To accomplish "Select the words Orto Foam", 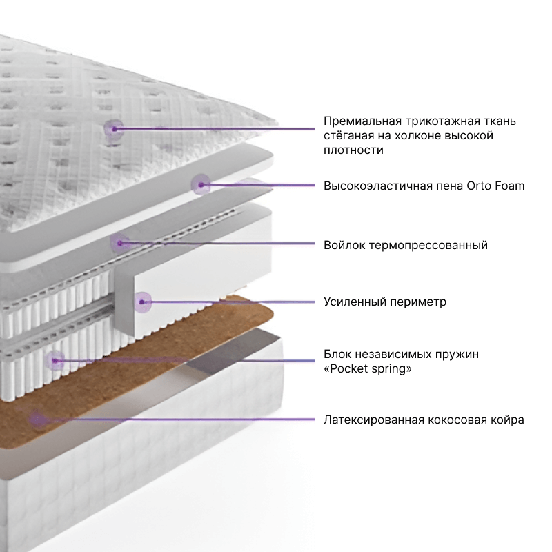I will tap(496, 186).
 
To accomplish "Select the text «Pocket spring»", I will tap(368, 368).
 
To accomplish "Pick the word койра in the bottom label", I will tap(509, 420).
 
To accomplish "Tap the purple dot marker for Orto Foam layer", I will tap(201, 184).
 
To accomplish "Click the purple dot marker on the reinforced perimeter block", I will tap(143, 301).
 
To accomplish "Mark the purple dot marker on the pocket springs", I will tap(55, 359).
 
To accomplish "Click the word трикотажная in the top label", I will tap(433, 121).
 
